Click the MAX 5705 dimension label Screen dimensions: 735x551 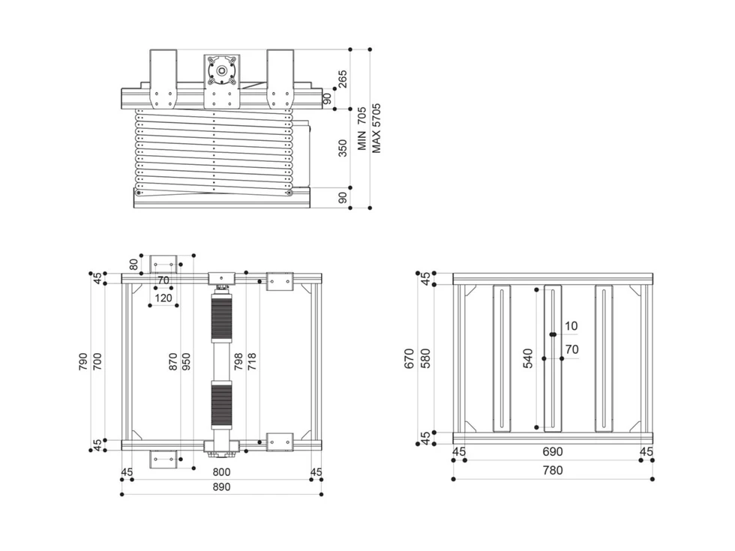pyautogui.click(x=376, y=128)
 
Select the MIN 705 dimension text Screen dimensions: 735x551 pyautogui.click(x=361, y=128)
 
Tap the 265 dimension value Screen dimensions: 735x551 pyautogui.click(x=343, y=79)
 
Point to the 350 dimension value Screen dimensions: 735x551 pyautogui.click(x=343, y=148)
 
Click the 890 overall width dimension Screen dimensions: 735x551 pyautogui.click(x=221, y=487)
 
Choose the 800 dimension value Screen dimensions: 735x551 pyautogui.click(x=221, y=472)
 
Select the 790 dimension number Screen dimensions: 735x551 pyautogui.click(x=83, y=361)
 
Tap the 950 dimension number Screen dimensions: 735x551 pyautogui.click(x=186, y=361)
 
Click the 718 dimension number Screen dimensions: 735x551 pyautogui.click(x=252, y=361)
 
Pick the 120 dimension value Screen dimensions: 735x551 pyautogui.click(x=163, y=298)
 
